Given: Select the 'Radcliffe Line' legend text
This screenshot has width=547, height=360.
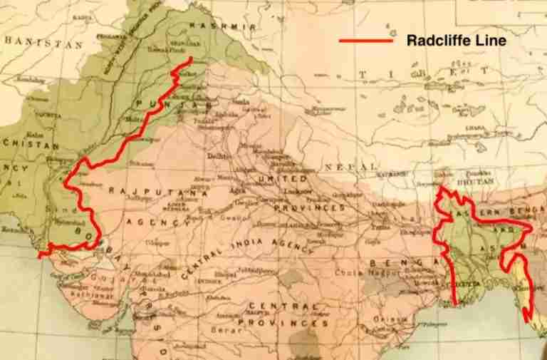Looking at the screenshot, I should coord(456,41).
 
